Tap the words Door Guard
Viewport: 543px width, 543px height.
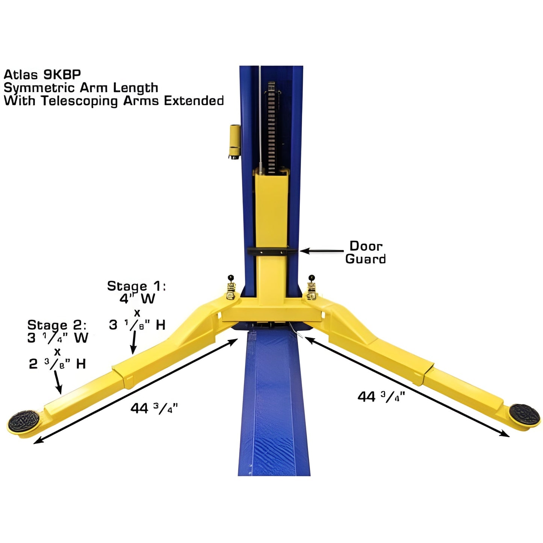(x=365, y=253)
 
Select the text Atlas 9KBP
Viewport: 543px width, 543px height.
(x=42, y=74)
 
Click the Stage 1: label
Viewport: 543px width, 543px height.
(x=136, y=286)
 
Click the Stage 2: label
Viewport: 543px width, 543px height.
(x=57, y=325)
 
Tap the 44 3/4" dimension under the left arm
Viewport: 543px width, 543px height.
(x=154, y=408)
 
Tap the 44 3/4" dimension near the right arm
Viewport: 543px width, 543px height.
(x=381, y=396)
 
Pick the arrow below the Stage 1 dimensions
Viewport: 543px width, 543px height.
(x=133, y=342)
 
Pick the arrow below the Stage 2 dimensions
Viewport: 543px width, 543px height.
(x=58, y=382)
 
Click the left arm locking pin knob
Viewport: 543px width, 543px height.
(x=230, y=278)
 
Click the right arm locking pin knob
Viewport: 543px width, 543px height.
(x=312, y=278)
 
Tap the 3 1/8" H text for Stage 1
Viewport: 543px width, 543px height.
(x=137, y=325)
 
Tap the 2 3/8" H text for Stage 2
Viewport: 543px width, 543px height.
(x=57, y=364)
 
